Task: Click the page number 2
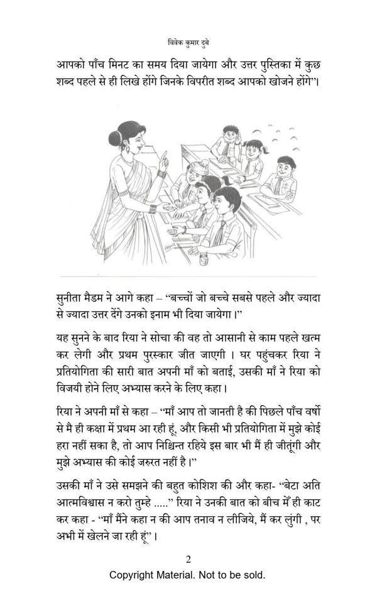pos(188,560)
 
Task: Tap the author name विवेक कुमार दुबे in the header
pos(188,43)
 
